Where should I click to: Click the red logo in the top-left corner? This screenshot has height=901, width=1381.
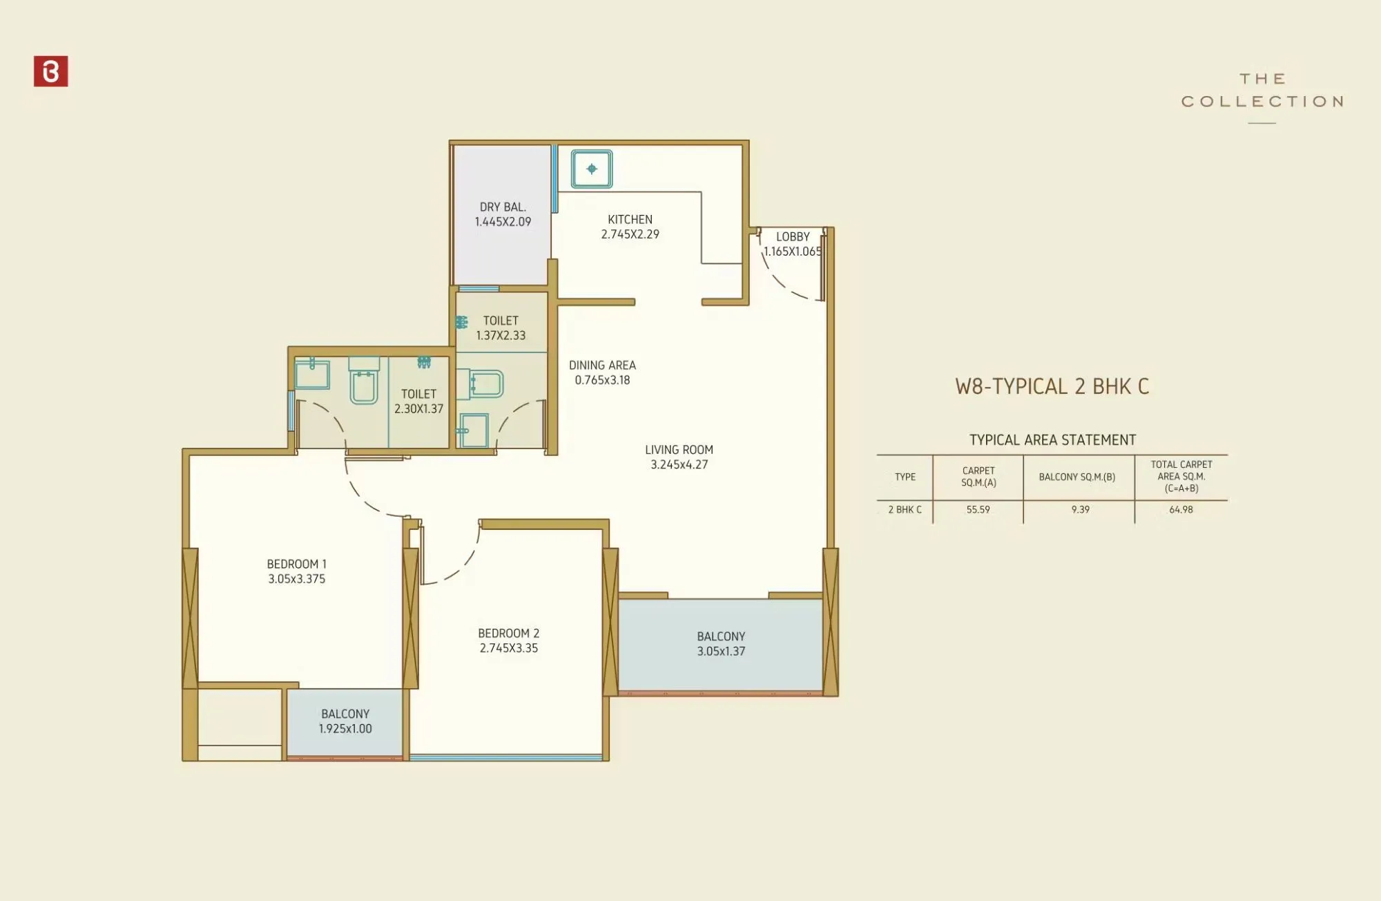[x=50, y=71]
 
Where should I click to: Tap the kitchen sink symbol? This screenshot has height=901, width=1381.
[x=592, y=169]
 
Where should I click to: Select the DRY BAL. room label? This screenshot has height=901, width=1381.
[x=503, y=214]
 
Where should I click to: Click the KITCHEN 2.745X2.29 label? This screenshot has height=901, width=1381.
[x=630, y=227]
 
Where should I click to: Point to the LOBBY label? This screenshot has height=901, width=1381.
[x=793, y=237]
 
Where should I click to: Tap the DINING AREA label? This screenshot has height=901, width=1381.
[x=602, y=372]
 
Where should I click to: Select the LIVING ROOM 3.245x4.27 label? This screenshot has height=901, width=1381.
[x=679, y=457]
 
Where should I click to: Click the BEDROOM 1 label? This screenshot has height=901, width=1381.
[x=296, y=571]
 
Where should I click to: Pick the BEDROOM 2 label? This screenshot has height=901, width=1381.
[x=509, y=641]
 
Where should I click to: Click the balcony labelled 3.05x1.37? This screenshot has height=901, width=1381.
[x=721, y=643]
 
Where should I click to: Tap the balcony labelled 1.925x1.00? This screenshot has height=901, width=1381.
[x=345, y=721]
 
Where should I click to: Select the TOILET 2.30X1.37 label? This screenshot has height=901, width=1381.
[x=418, y=401]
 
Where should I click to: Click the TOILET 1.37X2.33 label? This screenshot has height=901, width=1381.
[x=501, y=328]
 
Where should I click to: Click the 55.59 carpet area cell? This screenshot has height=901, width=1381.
[x=978, y=510]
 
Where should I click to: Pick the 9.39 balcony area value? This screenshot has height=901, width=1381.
[x=1080, y=510]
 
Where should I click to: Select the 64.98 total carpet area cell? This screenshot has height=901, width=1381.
[x=1181, y=510]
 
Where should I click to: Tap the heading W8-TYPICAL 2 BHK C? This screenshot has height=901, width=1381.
[x=1052, y=386]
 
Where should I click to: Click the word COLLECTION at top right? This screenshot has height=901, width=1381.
[x=1262, y=102]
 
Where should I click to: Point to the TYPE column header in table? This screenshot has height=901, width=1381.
[x=905, y=477]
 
